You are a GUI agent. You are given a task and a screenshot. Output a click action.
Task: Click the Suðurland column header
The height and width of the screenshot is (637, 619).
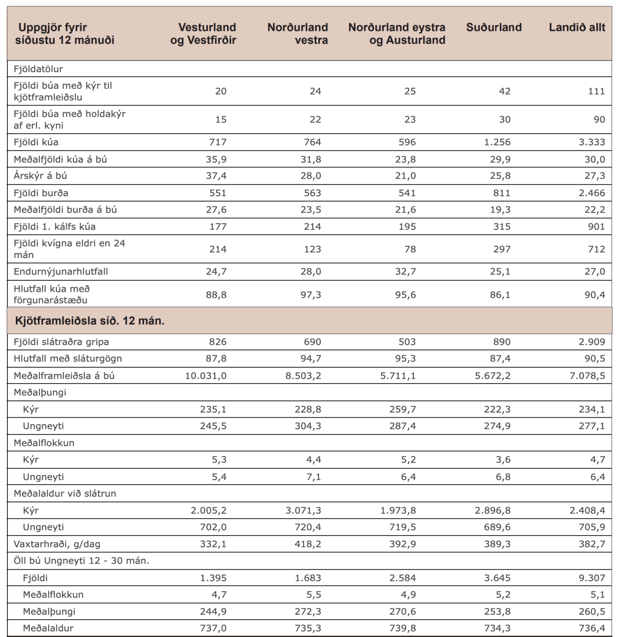pyautogui.click(x=494, y=27)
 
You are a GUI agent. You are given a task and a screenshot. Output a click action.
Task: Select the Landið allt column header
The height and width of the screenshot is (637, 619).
pyautogui.click(x=577, y=27)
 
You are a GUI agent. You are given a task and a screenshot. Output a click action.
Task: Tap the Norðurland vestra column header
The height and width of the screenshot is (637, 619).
pyautogui.click(x=298, y=34)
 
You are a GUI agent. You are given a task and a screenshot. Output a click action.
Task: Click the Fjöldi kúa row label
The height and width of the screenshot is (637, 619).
pyautogui.click(x=36, y=142)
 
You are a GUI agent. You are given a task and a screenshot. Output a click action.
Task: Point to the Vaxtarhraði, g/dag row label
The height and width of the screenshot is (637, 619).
pyautogui.click(x=57, y=544)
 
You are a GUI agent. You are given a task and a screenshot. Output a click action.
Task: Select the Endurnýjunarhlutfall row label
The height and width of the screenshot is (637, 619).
pyautogui.click(x=61, y=272)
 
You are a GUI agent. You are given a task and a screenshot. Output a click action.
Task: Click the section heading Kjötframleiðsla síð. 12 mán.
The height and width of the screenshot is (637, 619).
pyautogui.click(x=90, y=321)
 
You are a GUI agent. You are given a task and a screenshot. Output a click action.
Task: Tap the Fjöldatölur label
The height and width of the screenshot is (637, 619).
pyautogui.click(x=38, y=69)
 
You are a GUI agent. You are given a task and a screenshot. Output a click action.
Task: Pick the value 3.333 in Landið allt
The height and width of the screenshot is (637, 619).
pyautogui.click(x=592, y=142)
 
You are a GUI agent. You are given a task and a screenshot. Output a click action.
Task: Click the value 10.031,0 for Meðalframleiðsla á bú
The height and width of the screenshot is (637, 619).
pyautogui.click(x=206, y=376)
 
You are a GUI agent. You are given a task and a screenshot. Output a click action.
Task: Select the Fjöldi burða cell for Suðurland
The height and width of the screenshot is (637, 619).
pyautogui.click(x=502, y=193)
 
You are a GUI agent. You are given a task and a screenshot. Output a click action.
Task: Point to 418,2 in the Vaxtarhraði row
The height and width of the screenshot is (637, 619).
pyautogui.click(x=308, y=544)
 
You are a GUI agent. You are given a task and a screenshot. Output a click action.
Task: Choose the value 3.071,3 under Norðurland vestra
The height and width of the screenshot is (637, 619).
pyautogui.click(x=303, y=511)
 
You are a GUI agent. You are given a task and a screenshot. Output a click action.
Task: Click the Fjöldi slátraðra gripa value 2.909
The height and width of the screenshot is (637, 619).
pyautogui.click(x=592, y=342)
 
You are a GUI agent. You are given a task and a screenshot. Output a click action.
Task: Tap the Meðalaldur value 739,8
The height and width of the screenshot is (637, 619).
pyautogui.click(x=402, y=628)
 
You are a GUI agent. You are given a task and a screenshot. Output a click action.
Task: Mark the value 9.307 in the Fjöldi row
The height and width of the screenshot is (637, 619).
pyautogui.click(x=592, y=578)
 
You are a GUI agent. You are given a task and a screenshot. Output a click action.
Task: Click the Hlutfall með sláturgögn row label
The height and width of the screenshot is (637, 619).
pyautogui.click(x=68, y=359)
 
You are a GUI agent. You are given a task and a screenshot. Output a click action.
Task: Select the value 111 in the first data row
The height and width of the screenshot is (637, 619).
pyautogui.click(x=596, y=91)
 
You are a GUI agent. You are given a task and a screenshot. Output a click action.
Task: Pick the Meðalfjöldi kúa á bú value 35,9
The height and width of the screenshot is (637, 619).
pyautogui.click(x=216, y=159)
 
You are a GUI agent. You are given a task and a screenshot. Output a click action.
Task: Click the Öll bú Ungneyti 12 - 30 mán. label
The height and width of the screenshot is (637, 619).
pyautogui.click(x=81, y=561)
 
